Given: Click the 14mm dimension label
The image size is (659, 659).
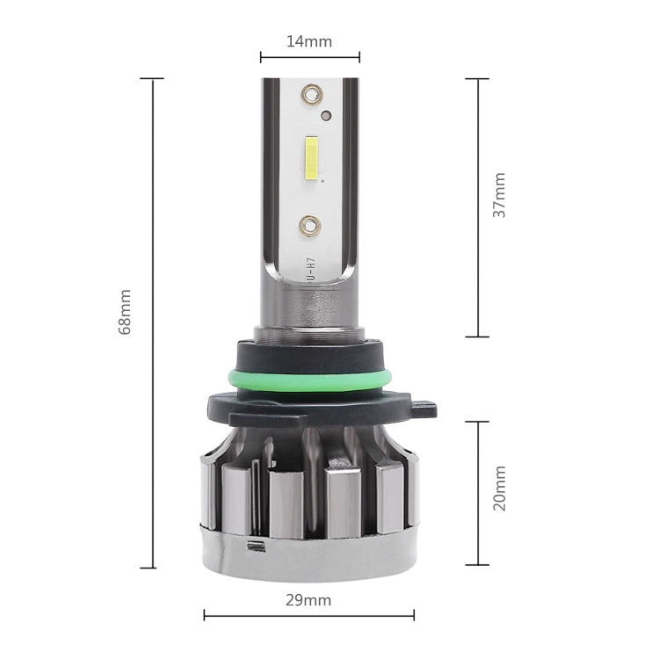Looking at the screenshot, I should click(x=309, y=40).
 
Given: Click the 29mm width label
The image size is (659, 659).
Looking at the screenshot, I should click(x=309, y=600).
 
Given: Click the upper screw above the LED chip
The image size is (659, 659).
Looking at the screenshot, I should click(x=310, y=92).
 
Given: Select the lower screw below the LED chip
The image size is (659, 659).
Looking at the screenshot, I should click(x=310, y=225).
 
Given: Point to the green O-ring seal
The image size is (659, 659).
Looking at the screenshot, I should click(x=309, y=380).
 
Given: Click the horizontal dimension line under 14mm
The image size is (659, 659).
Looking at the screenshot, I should click(x=309, y=58).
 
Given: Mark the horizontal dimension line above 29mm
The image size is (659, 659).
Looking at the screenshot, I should click(x=309, y=615).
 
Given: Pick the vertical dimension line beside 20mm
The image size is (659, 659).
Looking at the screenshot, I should click(x=477, y=493).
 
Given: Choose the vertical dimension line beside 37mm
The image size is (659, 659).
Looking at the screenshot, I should click(x=477, y=207).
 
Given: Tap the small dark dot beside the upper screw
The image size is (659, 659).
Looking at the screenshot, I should click(x=326, y=115).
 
